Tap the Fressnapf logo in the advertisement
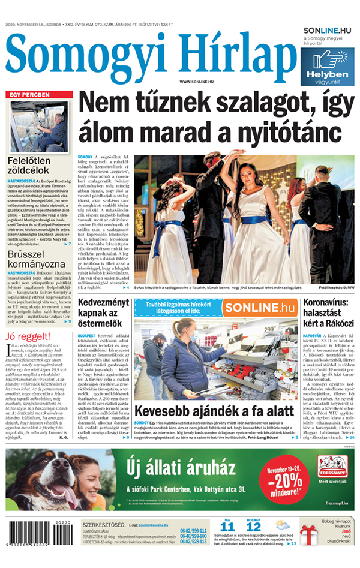tap(332, 465)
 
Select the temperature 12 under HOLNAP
tap(254, 528)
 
